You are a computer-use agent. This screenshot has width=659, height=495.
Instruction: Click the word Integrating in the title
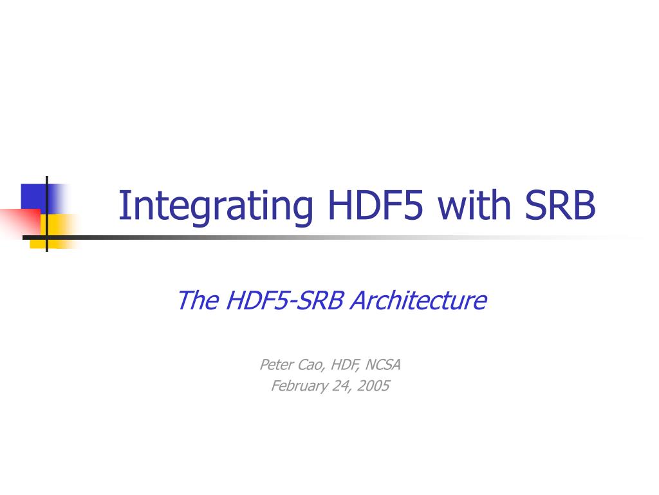pos(216,206)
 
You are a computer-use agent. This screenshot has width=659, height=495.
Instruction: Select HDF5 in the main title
pos(375,205)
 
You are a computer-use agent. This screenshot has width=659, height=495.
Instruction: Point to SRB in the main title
pos(560,205)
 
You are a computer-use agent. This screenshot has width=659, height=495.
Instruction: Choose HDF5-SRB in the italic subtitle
pos(284,300)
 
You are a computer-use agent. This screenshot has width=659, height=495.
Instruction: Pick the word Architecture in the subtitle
pos(418,300)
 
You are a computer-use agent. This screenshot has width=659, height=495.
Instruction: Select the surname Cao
pos(311,365)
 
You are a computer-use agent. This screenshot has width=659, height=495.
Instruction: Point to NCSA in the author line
pos(383,365)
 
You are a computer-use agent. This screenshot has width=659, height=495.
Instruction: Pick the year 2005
pos(373,385)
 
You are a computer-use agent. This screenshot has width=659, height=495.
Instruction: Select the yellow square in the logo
pos(55,231)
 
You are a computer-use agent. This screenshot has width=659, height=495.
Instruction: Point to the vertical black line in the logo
pos(46,214)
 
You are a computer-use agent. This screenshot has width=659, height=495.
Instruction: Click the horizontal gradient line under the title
pos(332,238)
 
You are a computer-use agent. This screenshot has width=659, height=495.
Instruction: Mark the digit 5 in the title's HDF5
pos(413,206)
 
